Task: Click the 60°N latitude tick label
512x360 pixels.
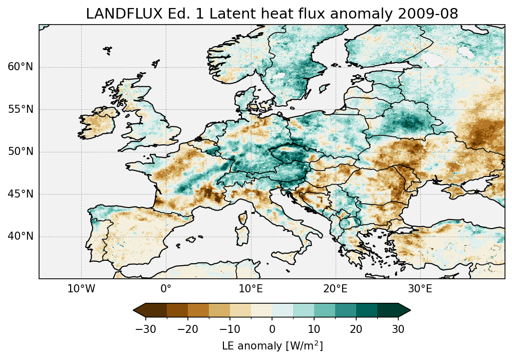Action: pyautogui.click(x=21, y=67)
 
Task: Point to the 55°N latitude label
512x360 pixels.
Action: pyautogui.click(x=21, y=109)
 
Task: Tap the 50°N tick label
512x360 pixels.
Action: pyautogui.click(x=21, y=152)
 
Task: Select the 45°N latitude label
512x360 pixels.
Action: pyautogui.click(x=21, y=194)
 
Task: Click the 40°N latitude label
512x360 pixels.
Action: pyautogui.click(x=21, y=236)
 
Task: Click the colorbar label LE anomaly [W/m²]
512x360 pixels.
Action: pyautogui.click(x=272, y=346)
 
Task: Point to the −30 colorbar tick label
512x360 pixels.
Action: pyautogui.click(x=146, y=329)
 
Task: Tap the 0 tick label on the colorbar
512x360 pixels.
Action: pyautogui.click(x=272, y=329)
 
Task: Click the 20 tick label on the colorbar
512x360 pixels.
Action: pyautogui.click(x=356, y=329)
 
